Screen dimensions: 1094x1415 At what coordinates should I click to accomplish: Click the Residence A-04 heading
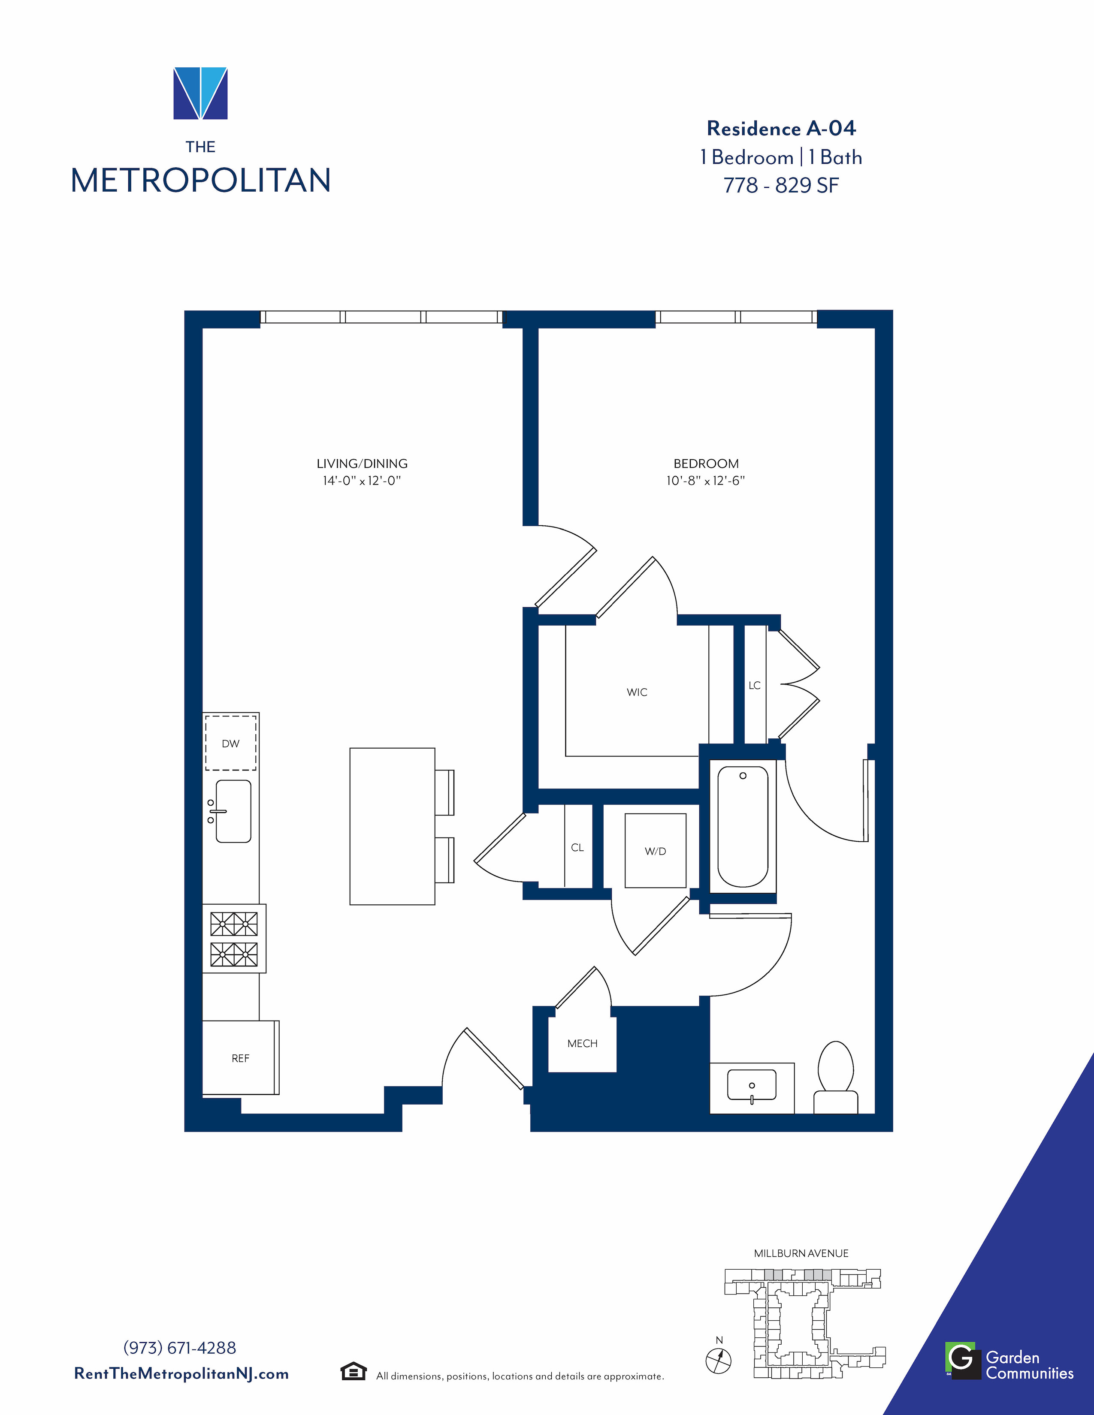click(781, 128)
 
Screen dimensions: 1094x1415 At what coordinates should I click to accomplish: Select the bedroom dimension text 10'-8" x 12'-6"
click(706, 481)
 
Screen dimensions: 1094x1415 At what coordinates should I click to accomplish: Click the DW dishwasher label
click(231, 744)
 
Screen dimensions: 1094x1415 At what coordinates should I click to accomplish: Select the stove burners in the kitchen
click(234, 939)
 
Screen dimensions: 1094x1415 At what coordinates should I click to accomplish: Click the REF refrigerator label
click(240, 1058)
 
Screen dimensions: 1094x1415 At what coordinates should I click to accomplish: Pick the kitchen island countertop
click(392, 826)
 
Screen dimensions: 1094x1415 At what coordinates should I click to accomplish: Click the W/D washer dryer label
click(655, 851)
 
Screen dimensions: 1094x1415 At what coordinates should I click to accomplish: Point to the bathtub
click(743, 826)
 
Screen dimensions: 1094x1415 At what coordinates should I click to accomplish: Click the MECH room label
click(583, 1043)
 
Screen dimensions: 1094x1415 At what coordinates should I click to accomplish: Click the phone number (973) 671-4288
click(179, 1348)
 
